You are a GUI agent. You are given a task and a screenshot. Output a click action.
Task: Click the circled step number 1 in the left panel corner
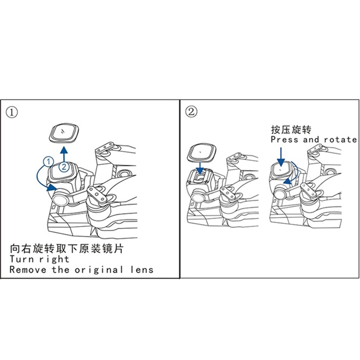[x=12, y=112]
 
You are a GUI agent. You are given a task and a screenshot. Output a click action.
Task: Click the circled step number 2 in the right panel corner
[x=191, y=112]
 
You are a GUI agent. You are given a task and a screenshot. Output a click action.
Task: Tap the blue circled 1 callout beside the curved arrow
[x=49, y=162]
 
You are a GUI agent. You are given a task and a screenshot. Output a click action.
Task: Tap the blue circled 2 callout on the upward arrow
[x=64, y=166]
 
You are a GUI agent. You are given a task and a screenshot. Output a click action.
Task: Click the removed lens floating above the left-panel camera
[x=64, y=133]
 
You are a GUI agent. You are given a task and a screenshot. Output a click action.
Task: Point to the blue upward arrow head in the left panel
[x=64, y=150]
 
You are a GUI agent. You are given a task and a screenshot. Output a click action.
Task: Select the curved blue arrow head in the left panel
[x=52, y=187]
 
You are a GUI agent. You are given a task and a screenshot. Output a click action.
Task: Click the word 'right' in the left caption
[x=54, y=260]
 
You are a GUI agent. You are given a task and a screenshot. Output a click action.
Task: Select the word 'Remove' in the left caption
[x=28, y=269]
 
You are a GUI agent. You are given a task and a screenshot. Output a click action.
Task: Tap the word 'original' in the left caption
[x=99, y=270]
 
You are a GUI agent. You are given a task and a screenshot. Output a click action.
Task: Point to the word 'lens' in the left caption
[x=142, y=269]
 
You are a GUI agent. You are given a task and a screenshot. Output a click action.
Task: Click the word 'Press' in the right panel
[x=284, y=139]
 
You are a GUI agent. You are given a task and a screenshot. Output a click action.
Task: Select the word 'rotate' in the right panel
[x=341, y=139]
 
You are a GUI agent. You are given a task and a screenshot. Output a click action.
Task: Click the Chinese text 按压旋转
[x=291, y=130]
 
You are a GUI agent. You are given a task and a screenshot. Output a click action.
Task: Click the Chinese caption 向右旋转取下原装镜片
[x=67, y=249]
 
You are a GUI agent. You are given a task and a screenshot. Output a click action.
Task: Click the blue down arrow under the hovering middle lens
[x=200, y=169]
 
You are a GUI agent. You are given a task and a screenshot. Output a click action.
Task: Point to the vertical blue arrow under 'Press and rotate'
[x=281, y=157]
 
